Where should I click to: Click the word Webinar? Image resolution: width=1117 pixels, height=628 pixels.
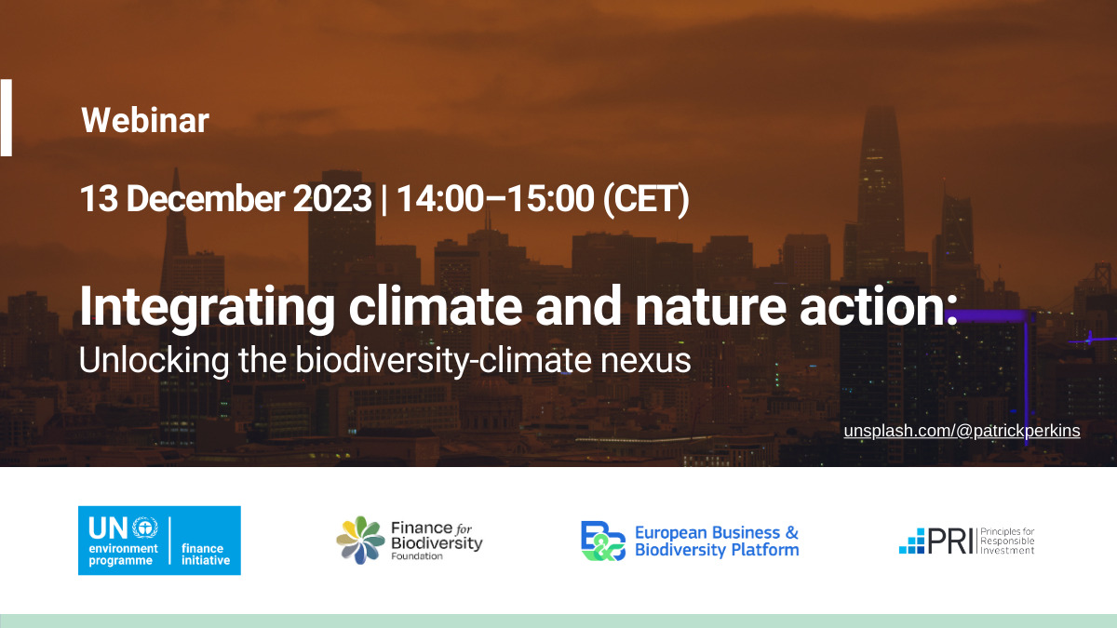[145, 121]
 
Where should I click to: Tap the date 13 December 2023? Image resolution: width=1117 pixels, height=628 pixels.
[226, 199]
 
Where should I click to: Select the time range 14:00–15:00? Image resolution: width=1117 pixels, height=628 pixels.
[495, 199]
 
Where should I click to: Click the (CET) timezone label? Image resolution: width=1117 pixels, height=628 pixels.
[646, 200]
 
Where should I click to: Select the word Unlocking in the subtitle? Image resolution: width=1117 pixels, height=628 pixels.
[155, 361]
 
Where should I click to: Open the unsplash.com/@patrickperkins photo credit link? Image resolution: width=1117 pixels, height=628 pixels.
[962, 431]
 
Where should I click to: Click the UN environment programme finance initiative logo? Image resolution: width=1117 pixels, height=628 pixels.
[159, 541]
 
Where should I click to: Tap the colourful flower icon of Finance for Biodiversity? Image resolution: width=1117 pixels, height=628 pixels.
[360, 541]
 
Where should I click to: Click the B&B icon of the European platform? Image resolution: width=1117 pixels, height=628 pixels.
[603, 541]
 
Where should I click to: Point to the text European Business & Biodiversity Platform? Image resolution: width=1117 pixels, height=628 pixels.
[717, 541]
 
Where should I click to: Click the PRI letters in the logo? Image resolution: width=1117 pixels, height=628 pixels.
[950, 541]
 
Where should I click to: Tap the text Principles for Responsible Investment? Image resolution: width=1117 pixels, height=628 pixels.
[1007, 541]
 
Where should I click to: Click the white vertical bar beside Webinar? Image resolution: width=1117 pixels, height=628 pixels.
[6, 117]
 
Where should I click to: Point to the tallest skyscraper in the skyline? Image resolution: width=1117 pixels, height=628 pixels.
[881, 190]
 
